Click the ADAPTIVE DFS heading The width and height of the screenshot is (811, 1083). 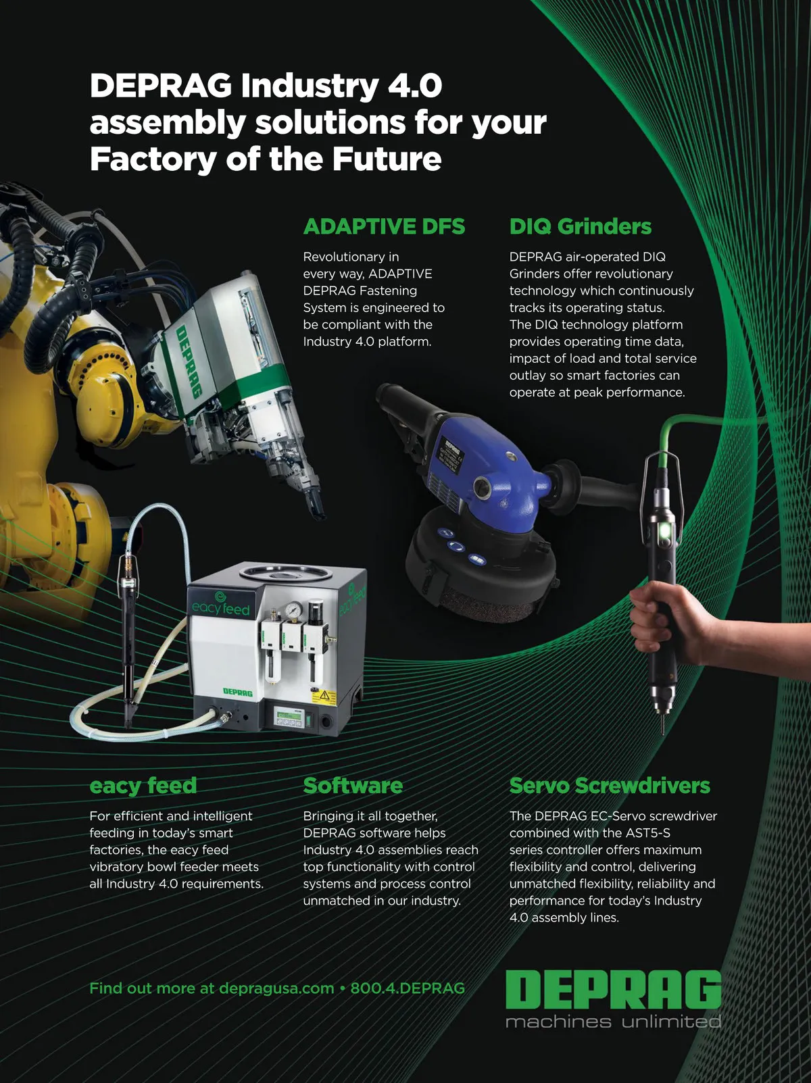pyautogui.click(x=384, y=226)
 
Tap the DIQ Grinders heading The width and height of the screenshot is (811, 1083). pyautogui.click(x=580, y=226)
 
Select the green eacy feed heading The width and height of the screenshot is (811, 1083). pyautogui.click(x=143, y=786)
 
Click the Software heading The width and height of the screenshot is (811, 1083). pyautogui.click(x=353, y=786)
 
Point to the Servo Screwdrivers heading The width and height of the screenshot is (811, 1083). pyautogui.click(x=610, y=786)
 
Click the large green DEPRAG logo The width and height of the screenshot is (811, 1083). pyautogui.click(x=613, y=989)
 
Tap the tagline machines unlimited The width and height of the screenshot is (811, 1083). pyautogui.click(x=613, y=1021)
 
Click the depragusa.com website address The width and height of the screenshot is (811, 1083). pyautogui.click(x=276, y=988)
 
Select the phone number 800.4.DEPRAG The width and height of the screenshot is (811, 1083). pyautogui.click(x=408, y=988)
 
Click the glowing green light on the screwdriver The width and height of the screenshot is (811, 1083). pyautogui.click(x=665, y=532)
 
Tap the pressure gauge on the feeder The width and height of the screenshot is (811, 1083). pyautogui.click(x=294, y=610)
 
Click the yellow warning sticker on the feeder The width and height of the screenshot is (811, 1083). pyautogui.click(x=324, y=697)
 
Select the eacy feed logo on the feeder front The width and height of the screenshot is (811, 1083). pyautogui.click(x=220, y=605)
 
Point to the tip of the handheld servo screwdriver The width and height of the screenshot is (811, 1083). pyautogui.click(x=662, y=732)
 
